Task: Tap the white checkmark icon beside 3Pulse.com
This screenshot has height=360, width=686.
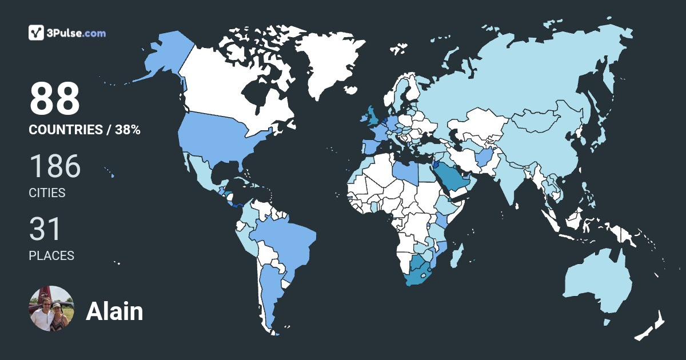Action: click(x=37, y=33)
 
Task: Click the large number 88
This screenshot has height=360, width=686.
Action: click(x=54, y=99)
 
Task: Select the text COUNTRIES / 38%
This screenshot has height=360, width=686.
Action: click(x=85, y=130)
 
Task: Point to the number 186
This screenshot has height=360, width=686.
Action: click(x=55, y=166)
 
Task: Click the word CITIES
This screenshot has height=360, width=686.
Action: click(x=47, y=193)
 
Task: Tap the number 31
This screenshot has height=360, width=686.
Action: click(x=45, y=229)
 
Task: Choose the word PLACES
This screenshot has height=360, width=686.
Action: click(x=51, y=255)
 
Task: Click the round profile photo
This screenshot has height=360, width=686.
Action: click(x=51, y=309)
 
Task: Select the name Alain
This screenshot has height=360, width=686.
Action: click(x=114, y=311)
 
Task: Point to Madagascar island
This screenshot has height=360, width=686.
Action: click(x=457, y=255)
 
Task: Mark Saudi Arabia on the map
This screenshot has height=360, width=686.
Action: click(x=452, y=177)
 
